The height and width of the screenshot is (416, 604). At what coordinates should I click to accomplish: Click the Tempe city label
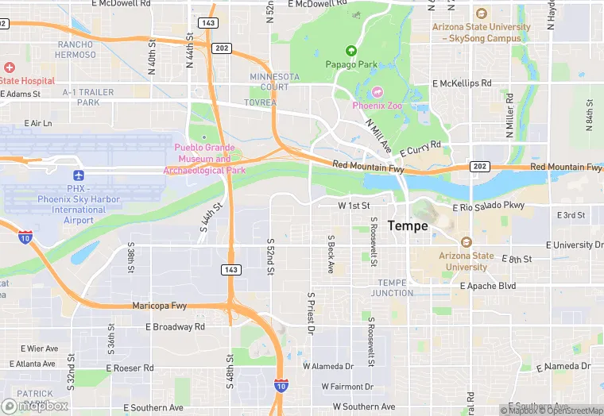tap(408, 226)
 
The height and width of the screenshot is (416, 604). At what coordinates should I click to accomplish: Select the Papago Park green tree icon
tap(350, 50)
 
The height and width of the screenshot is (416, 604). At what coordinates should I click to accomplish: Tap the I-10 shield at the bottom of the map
tap(281, 385)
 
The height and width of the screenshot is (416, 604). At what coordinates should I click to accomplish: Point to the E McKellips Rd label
tap(462, 83)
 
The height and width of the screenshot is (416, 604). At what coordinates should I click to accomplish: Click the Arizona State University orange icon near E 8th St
tap(466, 242)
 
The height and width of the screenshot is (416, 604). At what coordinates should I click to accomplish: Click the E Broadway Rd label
tap(175, 326)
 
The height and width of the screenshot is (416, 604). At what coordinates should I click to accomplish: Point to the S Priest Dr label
tap(312, 312)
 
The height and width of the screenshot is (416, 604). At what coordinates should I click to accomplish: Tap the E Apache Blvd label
tap(509, 286)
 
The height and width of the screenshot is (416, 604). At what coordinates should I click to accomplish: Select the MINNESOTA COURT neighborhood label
tap(274, 82)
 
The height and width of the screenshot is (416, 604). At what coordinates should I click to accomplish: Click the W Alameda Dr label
tap(328, 366)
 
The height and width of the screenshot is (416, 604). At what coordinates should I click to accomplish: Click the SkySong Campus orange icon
tap(482, 13)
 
